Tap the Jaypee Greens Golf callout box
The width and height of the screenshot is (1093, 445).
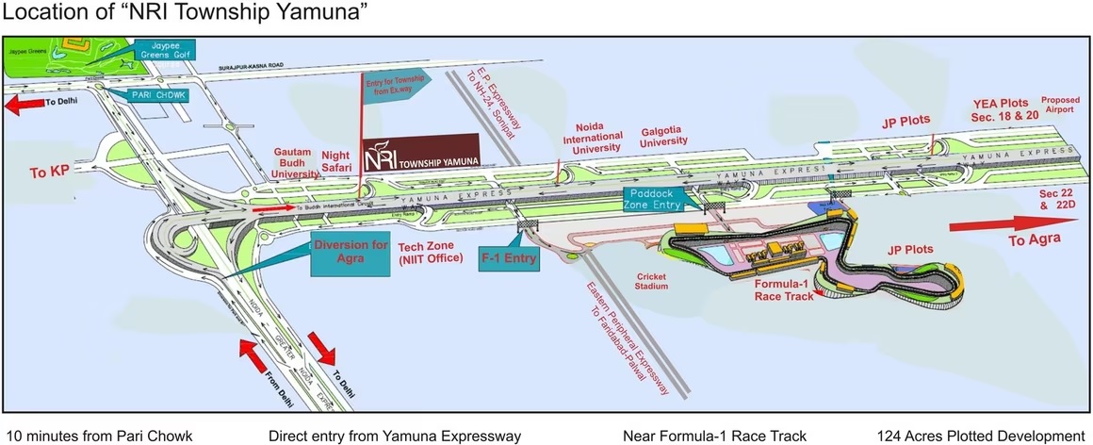pyautogui.click(x=165, y=50)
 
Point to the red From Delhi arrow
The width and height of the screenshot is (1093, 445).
pyautogui.click(x=258, y=357)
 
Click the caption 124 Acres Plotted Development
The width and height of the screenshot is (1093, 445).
pyautogui.click(x=979, y=436)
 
